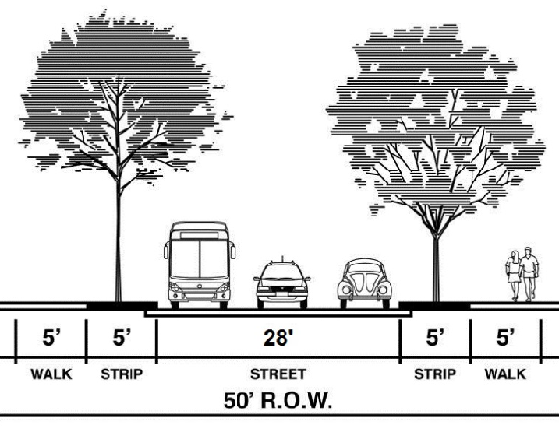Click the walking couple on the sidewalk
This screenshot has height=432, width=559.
522,275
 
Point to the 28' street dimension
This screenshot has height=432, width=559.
278,339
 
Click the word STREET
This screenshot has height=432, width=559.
278,374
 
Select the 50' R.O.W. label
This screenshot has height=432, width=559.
278,403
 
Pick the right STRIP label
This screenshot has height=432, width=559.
435,374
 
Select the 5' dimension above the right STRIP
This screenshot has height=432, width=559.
435,339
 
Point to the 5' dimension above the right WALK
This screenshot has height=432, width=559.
507,339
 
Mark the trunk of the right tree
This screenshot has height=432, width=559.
435,257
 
